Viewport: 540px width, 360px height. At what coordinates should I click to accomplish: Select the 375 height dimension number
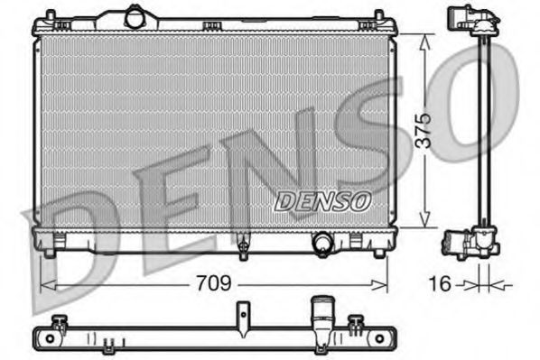434,130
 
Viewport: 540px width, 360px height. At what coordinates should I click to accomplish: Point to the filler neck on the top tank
135,15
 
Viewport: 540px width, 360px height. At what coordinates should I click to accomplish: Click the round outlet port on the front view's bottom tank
321,242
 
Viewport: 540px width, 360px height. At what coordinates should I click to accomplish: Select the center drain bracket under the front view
242,244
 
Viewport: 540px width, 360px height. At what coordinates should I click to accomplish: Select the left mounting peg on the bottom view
61,322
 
